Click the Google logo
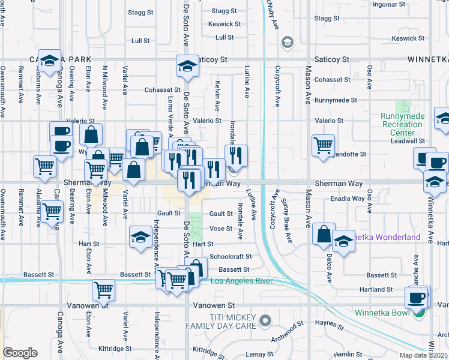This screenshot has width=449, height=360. pyautogui.click(x=20, y=353)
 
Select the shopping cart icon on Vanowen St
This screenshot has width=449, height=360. pyautogui.click(x=103, y=289)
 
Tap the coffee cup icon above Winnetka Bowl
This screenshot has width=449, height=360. pyautogui.click(x=416, y=296)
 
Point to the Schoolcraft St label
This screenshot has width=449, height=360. pyautogui.click(x=230, y=256)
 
